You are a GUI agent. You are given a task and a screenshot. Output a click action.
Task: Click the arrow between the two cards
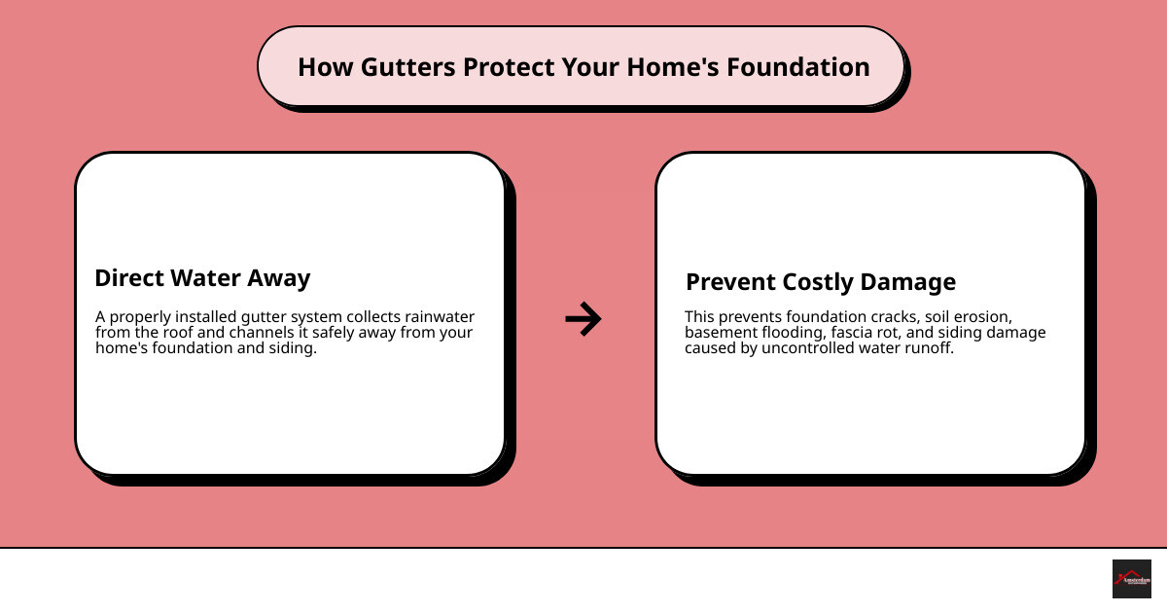[x=583, y=318]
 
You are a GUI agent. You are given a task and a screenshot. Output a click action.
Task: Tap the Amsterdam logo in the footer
[x=1131, y=579]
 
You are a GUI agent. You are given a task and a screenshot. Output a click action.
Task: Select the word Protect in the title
[x=509, y=67]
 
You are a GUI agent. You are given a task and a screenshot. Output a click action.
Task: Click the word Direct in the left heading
[x=130, y=278]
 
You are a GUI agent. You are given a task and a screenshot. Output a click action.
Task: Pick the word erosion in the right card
[x=980, y=317]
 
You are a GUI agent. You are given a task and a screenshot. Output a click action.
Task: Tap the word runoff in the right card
[x=930, y=348]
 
